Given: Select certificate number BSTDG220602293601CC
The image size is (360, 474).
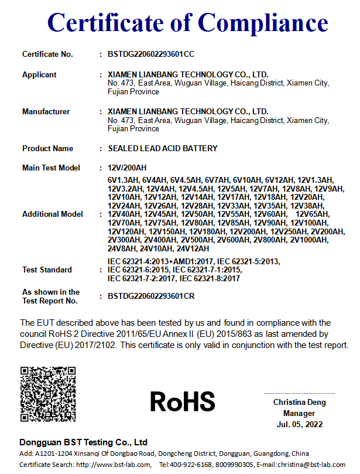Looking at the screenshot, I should tap(151, 54).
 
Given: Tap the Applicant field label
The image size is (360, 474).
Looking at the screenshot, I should tap(39, 74).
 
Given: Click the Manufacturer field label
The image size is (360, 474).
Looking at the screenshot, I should tap(46, 111).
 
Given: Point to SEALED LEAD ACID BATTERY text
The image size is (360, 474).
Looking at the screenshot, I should tap(163, 148).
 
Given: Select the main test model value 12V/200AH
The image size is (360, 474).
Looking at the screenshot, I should tap(127, 168).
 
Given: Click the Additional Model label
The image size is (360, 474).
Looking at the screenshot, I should tap(52, 214).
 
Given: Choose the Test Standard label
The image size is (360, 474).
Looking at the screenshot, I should tap(47, 270).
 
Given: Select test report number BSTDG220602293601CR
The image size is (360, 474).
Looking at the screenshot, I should tap(151, 296).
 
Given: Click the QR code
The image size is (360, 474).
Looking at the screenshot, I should tap(48, 394).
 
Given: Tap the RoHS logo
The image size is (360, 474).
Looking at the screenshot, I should tap(183, 401).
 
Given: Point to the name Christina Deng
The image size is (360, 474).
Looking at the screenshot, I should tap(299, 403).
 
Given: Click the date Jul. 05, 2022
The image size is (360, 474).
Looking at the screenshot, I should tap(299, 424).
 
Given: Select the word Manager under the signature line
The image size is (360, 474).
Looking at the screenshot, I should tap(299, 413).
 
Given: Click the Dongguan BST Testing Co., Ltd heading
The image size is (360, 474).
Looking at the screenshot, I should tap(83, 442).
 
